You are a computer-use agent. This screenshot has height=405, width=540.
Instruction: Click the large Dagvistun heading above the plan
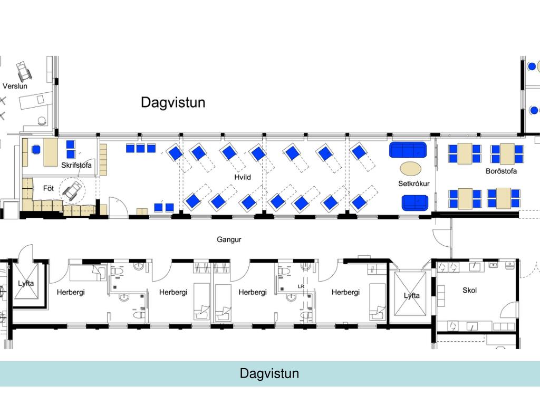pyautogui.click(x=172, y=102)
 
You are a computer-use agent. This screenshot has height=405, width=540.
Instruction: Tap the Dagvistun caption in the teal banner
pyautogui.click(x=269, y=373)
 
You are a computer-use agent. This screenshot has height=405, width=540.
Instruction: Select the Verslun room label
pyautogui.click(x=15, y=86)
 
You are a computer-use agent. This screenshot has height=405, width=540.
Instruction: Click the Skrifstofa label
pyautogui.click(x=76, y=166)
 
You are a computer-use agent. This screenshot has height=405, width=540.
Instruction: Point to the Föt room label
pyautogui.click(x=49, y=187)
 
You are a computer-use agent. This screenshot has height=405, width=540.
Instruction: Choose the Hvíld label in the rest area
pyautogui.click(x=243, y=177)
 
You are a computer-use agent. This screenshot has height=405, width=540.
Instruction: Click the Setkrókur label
pyautogui.click(x=414, y=184)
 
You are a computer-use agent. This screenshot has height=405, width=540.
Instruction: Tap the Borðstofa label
pyautogui.click(x=501, y=171)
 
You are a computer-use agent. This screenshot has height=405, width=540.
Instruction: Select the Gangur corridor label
pyautogui.click(x=229, y=239)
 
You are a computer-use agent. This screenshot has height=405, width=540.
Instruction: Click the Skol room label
pyautogui.click(x=469, y=290)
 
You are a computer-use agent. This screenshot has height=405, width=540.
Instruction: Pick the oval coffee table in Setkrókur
pyautogui.click(x=411, y=169)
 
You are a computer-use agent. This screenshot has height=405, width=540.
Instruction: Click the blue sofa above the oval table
pyautogui.click(x=408, y=150)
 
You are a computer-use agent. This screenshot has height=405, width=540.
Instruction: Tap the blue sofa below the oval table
pyautogui.click(x=414, y=202)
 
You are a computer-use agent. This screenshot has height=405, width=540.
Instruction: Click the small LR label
pyautogui.click(x=301, y=286)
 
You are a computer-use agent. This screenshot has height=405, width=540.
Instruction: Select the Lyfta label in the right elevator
pyautogui.click(x=412, y=295)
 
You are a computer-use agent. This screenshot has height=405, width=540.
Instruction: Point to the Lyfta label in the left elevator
pyautogui.click(x=26, y=283)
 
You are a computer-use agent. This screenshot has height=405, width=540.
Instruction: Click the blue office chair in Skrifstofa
pyautogui.click(x=36, y=149)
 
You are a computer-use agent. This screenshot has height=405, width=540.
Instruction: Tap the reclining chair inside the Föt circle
pyautogui.click(x=73, y=189)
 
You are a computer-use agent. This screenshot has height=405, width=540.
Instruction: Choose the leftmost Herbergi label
pyautogui.click(x=71, y=292)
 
